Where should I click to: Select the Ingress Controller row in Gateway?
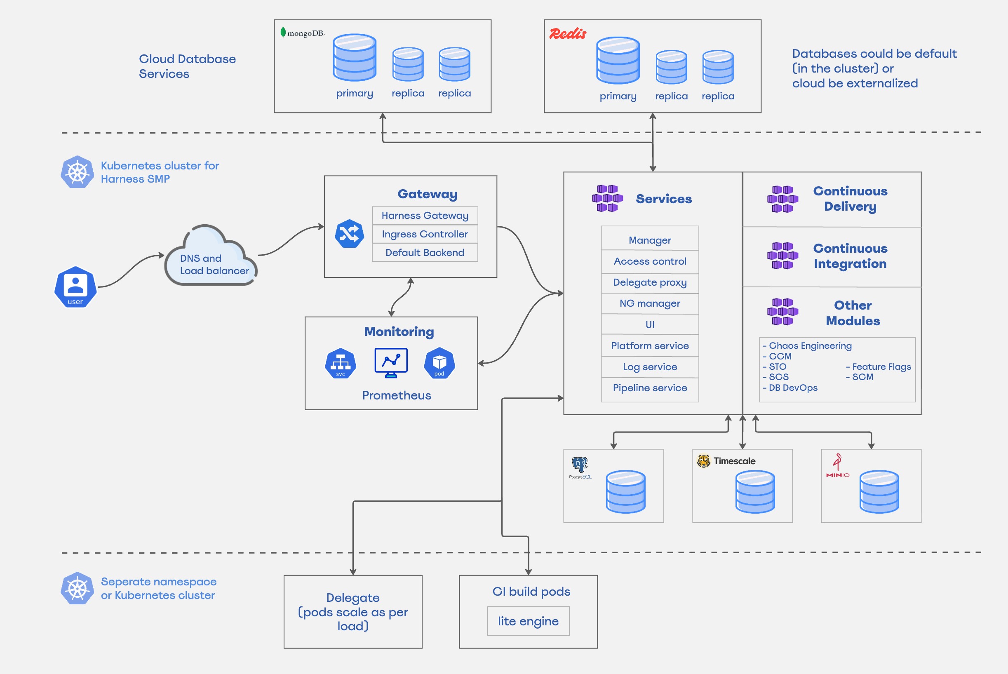click(x=425, y=234)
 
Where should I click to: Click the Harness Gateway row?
click(x=425, y=215)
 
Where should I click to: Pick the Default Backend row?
click(x=425, y=252)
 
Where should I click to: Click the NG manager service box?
click(x=649, y=303)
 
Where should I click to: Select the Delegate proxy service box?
click(x=649, y=282)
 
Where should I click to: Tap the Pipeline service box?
click(x=649, y=388)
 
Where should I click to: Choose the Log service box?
click(x=649, y=366)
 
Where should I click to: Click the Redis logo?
click(x=567, y=33)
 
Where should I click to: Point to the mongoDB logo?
click(x=302, y=33)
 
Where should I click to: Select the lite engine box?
click(x=528, y=621)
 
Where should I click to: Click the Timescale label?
click(x=734, y=461)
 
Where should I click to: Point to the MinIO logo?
click(x=837, y=466)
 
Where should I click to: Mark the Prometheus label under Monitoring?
click(x=396, y=395)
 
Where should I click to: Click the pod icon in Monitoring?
click(x=439, y=363)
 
